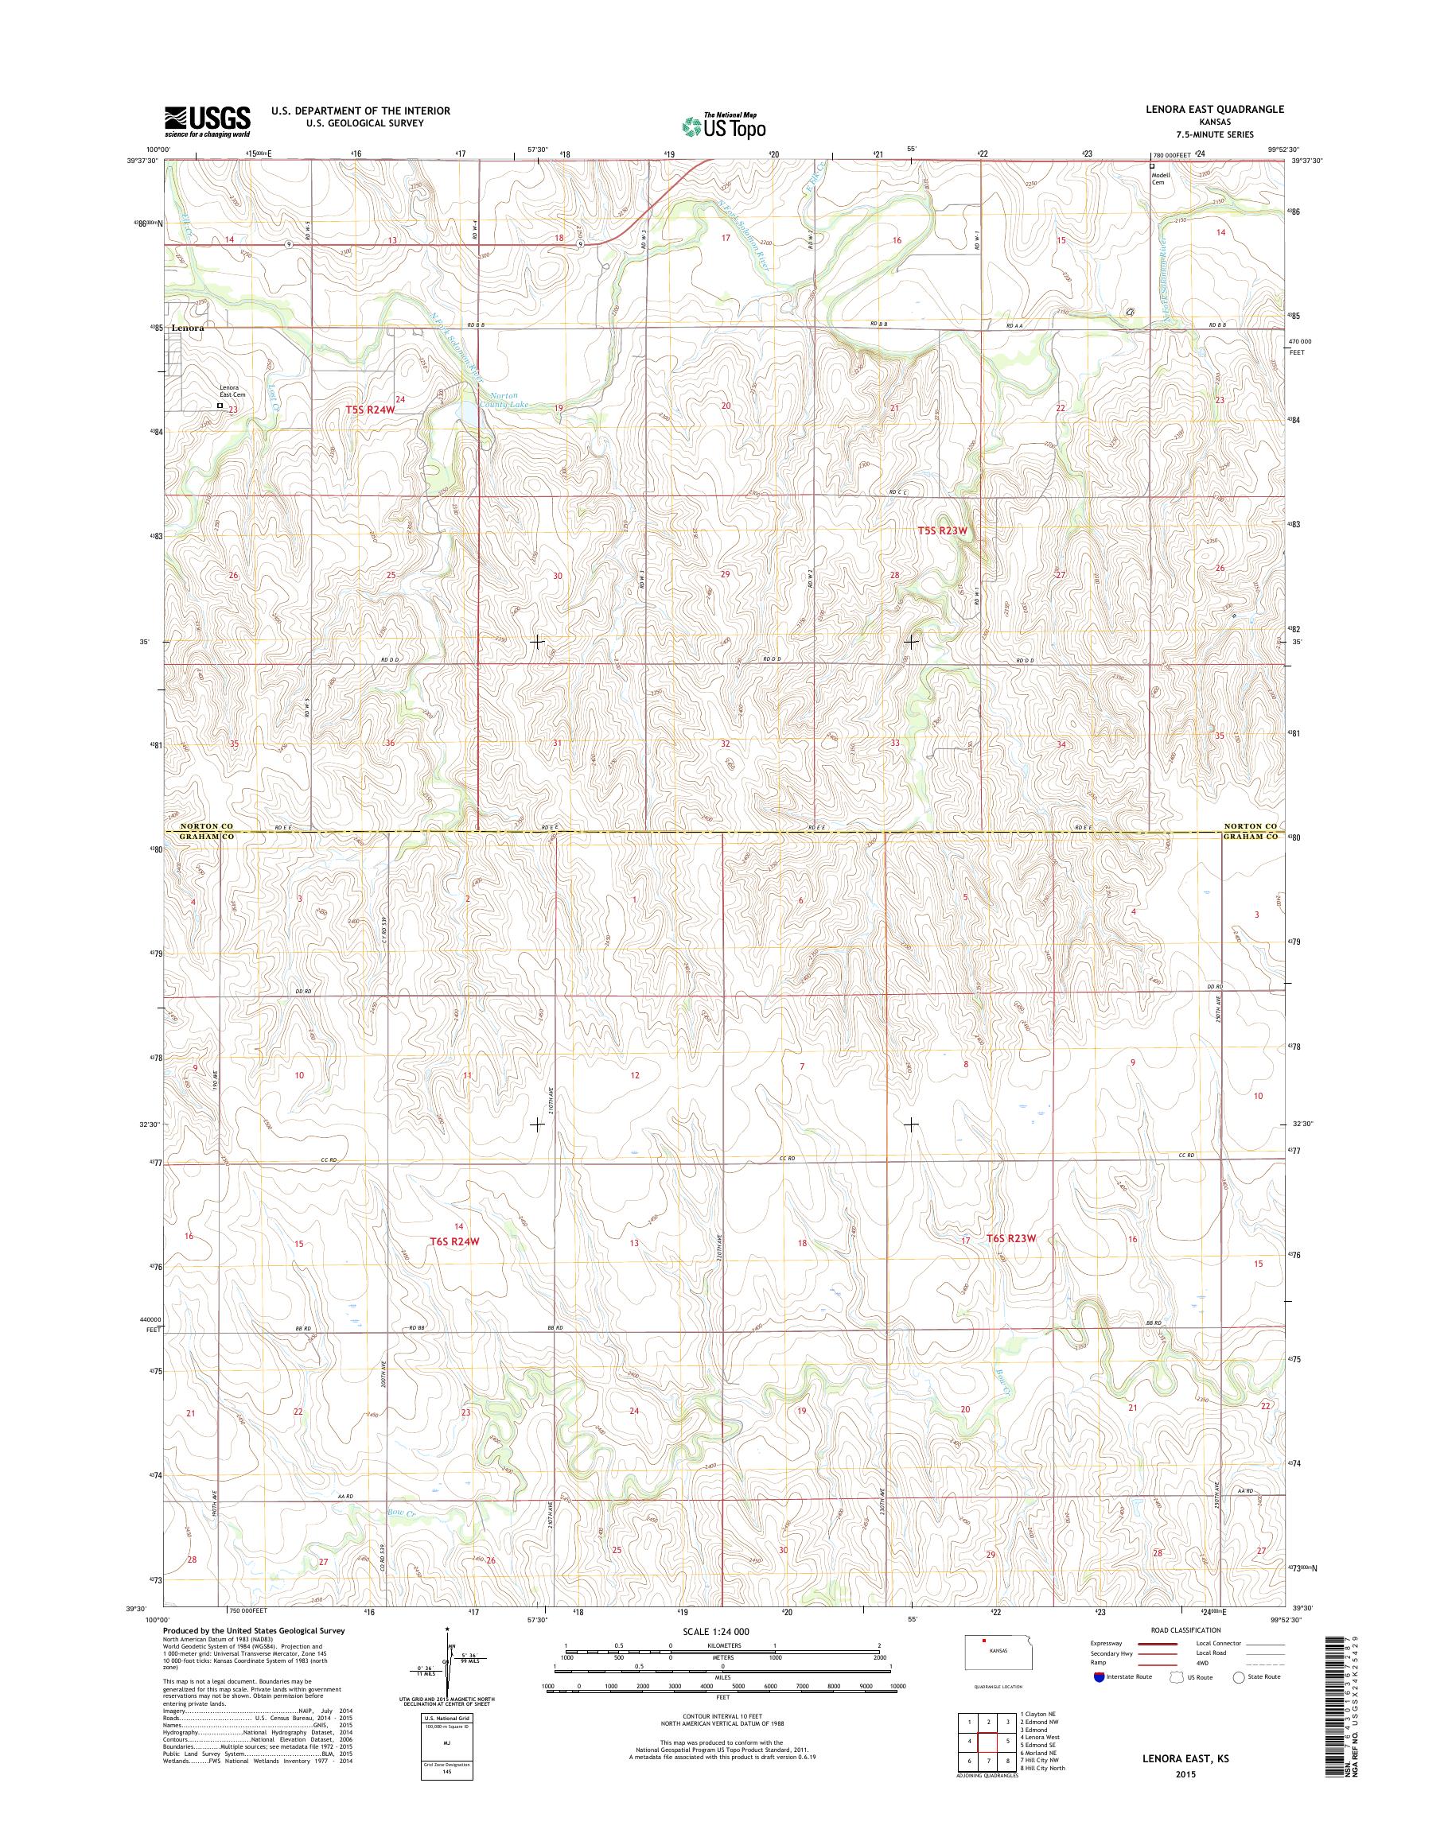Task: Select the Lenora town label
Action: tap(189, 326)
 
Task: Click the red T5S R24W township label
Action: tap(371, 410)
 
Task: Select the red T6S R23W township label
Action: tap(1011, 1238)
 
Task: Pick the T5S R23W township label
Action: tap(942, 530)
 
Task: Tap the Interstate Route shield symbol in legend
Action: tap(1100, 1676)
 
